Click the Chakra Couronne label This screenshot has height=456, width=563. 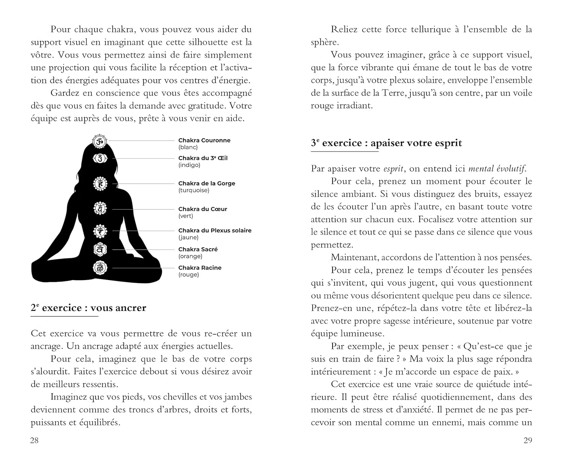(x=204, y=141)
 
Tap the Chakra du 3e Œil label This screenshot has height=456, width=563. (x=203, y=158)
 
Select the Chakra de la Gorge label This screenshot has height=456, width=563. (x=206, y=183)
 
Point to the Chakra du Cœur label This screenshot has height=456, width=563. (x=203, y=209)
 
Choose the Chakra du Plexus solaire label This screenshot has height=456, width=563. (x=215, y=230)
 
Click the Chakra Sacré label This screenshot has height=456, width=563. (x=198, y=249)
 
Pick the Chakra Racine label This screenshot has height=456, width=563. (x=200, y=268)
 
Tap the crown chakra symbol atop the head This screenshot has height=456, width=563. (x=100, y=142)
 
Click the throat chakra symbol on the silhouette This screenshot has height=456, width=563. (x=100, y=184)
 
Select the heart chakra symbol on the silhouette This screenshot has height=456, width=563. (x=100, y=208)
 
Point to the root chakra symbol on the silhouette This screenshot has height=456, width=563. (x=100, y=268)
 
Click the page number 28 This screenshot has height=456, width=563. (x=34, y=440)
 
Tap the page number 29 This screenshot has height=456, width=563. (x=528, y=440)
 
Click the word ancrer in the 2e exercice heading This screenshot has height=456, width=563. (x=129, y=308)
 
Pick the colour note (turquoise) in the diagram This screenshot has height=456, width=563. (x=194, y=190)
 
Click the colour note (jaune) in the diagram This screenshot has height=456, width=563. (x=188, y=237)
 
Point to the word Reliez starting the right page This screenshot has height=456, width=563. (x=344, y=29)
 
